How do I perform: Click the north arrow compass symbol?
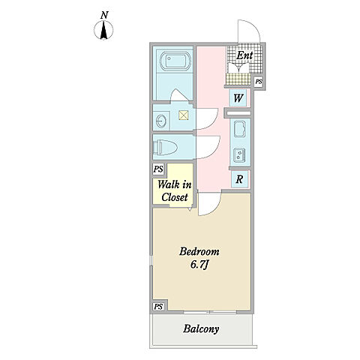point(103,31)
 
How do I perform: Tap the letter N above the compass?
point(104,15)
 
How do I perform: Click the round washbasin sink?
point(160,121)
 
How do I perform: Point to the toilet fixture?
point(165,147)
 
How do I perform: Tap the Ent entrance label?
point(244,55)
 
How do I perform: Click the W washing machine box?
point(238,97)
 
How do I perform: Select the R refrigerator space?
point(239,179)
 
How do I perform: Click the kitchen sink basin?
point(240,129)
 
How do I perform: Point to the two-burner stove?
point(239,155)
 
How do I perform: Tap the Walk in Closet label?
point(175,191)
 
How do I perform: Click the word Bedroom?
point(199,251)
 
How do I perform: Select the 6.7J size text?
point(199,265)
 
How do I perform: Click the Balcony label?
point(201,329)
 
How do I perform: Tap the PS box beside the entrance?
point(259,82)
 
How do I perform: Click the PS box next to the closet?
point(158,169)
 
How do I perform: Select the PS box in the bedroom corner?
point(158,307)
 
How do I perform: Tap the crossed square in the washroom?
point(184,115)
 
